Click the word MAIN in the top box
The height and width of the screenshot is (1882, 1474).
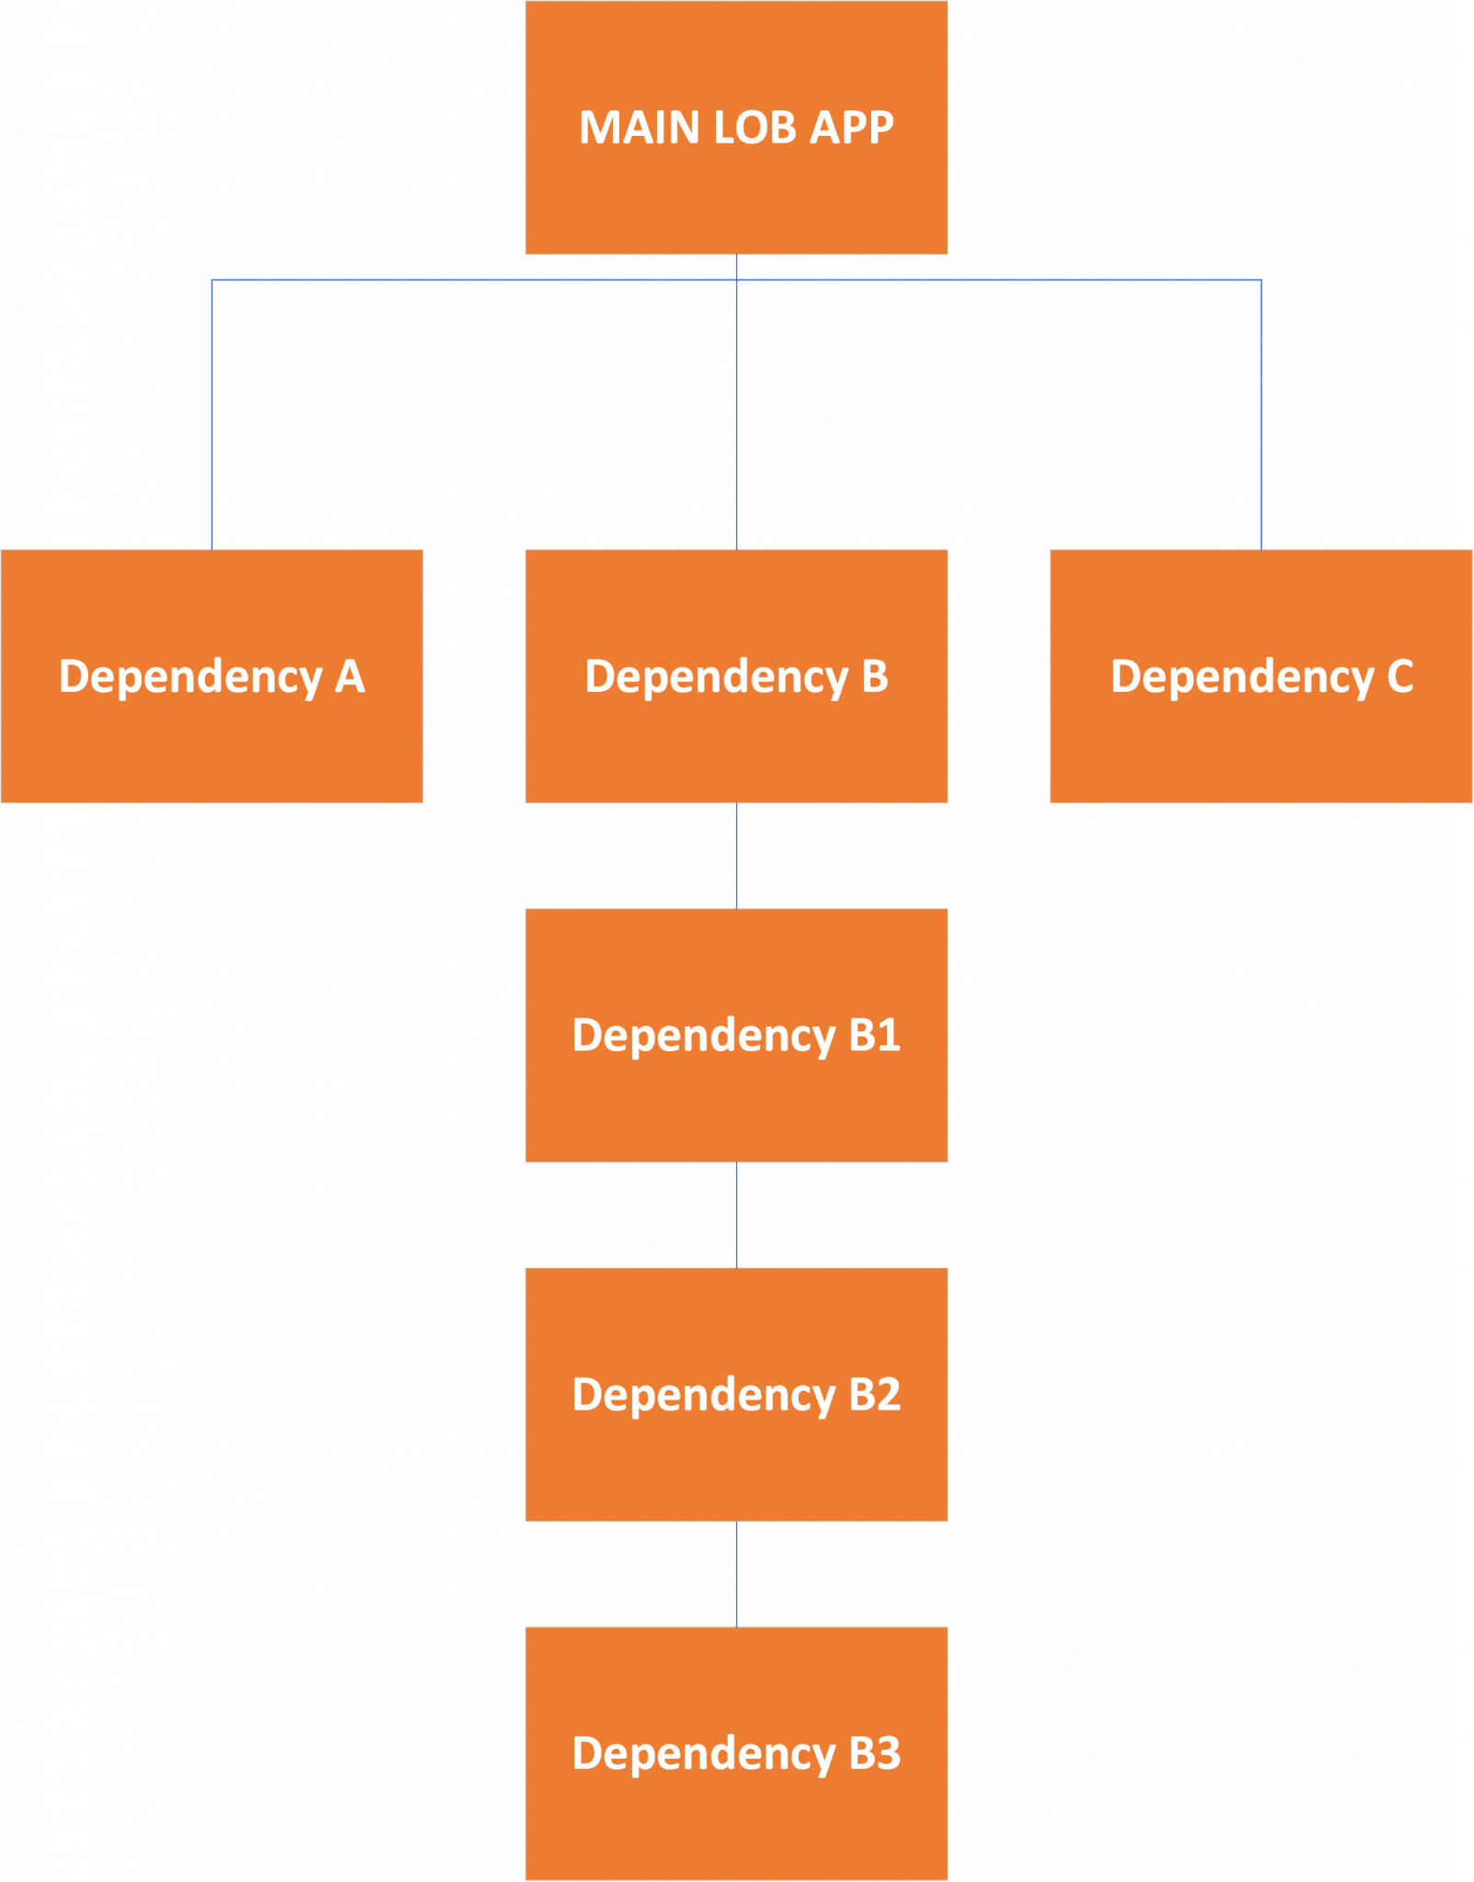tap(641, 128)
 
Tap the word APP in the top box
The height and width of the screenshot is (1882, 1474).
tap(851, 128)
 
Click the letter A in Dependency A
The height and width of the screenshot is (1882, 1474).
tap(350, 677)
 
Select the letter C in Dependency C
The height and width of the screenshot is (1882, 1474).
tap(1400, 677)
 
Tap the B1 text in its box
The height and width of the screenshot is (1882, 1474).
tap(874, 1036)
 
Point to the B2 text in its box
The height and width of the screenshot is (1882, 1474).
tap(874, 1395)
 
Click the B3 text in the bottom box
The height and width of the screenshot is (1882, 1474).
tap(874, 1753)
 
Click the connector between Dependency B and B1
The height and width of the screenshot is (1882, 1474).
tap(736, 856)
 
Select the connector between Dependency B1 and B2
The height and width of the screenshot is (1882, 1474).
tap(736, 1215)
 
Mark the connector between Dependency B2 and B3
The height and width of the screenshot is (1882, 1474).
tap(736, 1573)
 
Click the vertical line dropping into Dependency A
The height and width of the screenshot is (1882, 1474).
tap(211, 414)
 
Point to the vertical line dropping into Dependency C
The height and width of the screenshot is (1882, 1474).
tap(1261, 414)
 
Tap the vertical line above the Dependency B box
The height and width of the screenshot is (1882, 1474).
tap(736, 414)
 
